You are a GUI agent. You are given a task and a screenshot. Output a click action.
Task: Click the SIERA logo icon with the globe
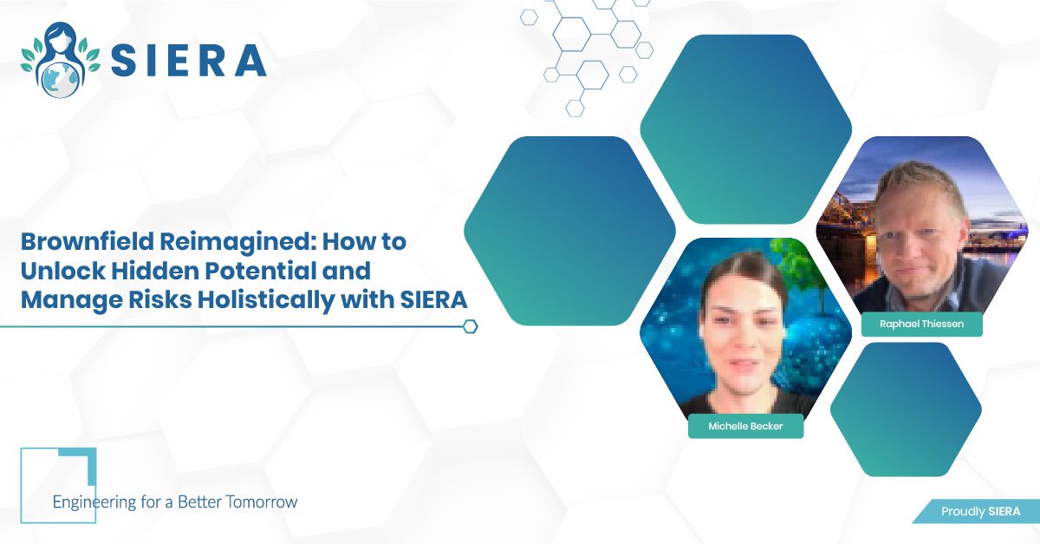click(61, 60)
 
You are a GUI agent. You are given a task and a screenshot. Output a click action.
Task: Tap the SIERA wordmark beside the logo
click(189, 61)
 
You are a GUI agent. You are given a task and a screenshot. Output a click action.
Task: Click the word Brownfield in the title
click(88, 242)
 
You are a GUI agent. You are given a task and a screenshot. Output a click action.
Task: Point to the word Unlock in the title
click(63, 271)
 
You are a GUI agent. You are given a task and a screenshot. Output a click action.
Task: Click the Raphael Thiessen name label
click(921, 324)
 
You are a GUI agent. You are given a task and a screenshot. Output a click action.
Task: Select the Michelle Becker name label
click(745, 426)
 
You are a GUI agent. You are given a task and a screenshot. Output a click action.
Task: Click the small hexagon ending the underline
click(471, 326)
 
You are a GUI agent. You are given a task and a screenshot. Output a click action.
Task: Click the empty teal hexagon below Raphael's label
click(906, 410)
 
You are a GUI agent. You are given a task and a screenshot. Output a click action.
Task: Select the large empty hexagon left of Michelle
click(569, 231)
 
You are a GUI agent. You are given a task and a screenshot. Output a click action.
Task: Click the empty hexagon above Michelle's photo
click(745, 129)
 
